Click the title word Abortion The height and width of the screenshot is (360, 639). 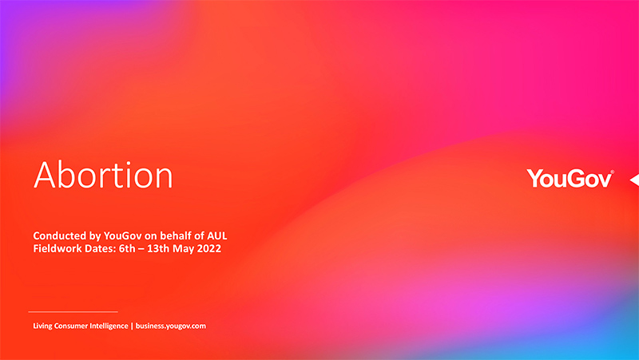103,175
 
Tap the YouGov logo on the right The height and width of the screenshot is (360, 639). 570,178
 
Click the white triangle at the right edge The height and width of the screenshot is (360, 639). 634,180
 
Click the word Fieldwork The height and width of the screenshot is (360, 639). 58,248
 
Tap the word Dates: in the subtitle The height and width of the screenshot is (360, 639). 101,248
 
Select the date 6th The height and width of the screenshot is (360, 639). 127,248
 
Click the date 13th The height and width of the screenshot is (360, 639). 158,248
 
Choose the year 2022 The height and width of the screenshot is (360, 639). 209,248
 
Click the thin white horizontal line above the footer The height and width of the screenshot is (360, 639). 73,312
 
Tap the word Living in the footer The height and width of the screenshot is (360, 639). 42,326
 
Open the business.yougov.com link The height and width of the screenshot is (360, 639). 171,326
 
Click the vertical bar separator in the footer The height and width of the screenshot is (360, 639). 132,326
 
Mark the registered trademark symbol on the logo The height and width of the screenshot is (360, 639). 612,172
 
